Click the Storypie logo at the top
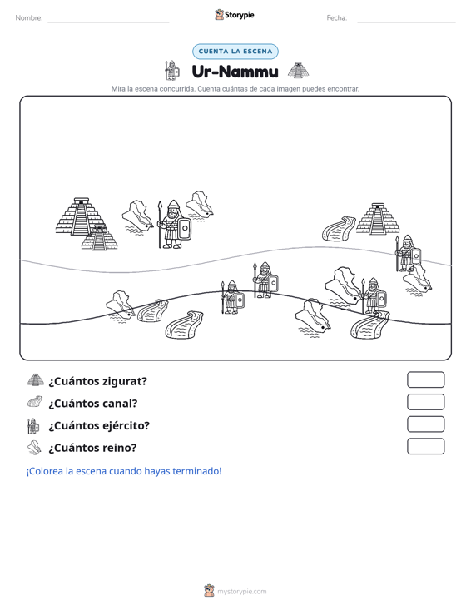pos(235,15)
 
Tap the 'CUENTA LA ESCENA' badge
pos(235,52)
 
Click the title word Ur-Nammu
pos(235,72)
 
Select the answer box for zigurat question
pos(425,379)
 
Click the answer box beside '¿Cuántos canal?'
pos(425,402)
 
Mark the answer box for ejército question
pos(425,424)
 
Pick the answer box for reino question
pos(425,446)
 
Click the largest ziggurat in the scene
pos(80,216)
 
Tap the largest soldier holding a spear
pos(174,225)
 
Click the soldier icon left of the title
pos(171,71)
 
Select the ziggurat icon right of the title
pos(298,71)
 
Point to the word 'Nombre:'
pos(29,18)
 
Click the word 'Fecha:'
pos(337,18)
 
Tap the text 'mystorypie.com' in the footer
pos(242,592)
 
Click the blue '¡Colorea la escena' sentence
pos(124,471)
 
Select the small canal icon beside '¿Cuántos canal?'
pos(35,402)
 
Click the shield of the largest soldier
pos(185,228)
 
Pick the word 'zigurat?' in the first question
pos(125,381)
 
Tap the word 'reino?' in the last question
pos(118,448)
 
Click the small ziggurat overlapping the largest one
pos(99,238)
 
